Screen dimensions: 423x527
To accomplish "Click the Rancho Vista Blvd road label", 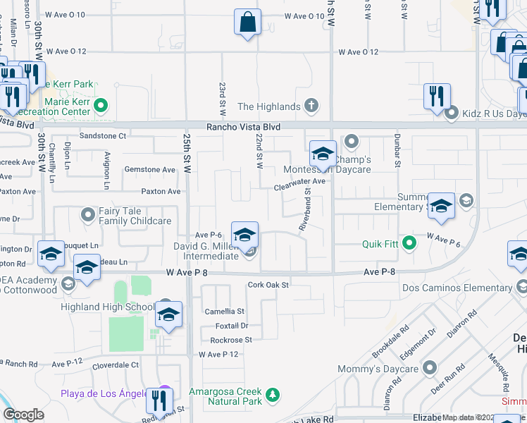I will [243, 127].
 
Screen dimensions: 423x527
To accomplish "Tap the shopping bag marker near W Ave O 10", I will [247, 22].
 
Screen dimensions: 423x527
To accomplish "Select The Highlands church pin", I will [310, 106].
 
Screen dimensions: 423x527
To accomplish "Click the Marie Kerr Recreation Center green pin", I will [101, 106].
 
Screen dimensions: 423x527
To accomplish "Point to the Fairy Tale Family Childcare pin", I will [88, 213].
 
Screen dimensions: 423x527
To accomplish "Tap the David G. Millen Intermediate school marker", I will [244, 235].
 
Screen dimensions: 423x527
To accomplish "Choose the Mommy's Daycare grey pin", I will [429, 368].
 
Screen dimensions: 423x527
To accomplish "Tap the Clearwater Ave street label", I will [299, 181].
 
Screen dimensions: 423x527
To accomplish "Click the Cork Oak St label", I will [268, 286].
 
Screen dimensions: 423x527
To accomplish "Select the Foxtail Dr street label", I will [232, 326].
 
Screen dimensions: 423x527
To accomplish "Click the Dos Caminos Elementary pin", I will [521, 287].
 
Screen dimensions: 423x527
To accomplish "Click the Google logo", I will [23, 415].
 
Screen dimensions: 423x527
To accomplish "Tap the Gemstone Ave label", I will [149, 170].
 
